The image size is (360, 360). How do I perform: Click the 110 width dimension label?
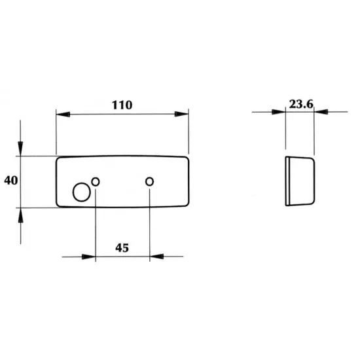point(122,105)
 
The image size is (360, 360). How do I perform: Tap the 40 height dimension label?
point(10,181)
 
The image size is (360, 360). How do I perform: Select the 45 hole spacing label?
point(122,247)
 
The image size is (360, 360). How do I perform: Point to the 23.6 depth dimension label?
point(301,104)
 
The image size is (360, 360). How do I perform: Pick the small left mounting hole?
point(96,181)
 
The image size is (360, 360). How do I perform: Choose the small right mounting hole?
point(149,181)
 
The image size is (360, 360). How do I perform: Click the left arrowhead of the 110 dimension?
point(63,114)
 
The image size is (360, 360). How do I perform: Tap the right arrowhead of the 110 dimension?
point(181,114)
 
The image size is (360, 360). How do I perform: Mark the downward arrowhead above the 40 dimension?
point(20,149)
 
